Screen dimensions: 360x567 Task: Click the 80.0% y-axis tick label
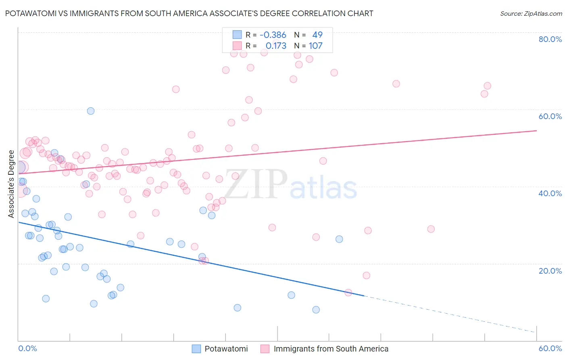(550, 39)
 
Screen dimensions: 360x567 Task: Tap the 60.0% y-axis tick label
(550, 116)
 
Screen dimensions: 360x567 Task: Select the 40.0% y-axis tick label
(550, 193)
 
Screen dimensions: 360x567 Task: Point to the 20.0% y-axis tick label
(550, 271)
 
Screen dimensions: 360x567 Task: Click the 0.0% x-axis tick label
(27, 348)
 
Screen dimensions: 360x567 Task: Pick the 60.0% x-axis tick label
(550, 348)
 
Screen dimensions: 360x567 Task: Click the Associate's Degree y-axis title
(11, 184)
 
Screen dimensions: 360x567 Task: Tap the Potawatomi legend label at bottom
(226, 349)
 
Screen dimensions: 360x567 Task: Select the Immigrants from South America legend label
(331, 349)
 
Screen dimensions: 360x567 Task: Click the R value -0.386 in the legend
(273, 35)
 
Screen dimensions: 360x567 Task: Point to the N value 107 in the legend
(315, 46)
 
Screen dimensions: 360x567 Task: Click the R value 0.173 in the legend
(276, 46)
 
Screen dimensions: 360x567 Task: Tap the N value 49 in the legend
(317, 35)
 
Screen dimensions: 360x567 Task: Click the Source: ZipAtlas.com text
(531, 14)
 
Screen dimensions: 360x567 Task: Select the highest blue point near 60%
(91, 111)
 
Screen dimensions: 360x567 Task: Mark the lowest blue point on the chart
(316, 310)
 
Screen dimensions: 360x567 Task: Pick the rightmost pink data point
(487, 86)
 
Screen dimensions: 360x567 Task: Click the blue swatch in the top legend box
(237, 35)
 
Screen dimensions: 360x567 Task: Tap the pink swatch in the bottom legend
(265, 349)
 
